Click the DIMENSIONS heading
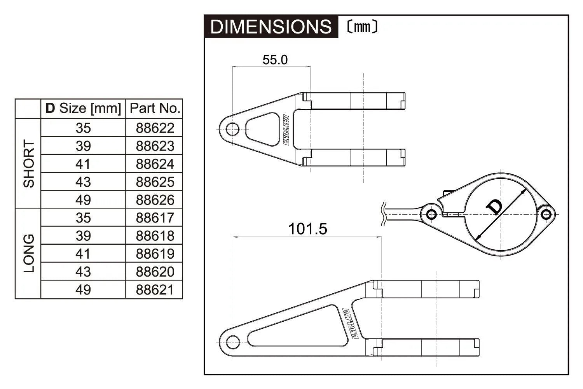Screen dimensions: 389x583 271,27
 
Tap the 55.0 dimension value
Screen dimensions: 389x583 275,60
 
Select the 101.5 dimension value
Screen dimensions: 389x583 307,229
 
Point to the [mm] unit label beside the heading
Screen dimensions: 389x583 362,27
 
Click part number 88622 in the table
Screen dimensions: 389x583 155,128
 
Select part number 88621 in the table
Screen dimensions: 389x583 155,290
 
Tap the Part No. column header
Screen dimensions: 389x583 155,108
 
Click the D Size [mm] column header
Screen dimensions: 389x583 83,108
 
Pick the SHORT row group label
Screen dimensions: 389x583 29,164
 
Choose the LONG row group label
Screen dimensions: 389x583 29,254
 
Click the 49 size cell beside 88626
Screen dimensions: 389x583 83,200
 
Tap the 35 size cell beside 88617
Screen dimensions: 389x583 83,218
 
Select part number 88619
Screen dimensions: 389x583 155,254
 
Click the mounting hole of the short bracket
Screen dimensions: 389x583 232,129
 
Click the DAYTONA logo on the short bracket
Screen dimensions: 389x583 286,130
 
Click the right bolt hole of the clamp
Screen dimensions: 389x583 546,214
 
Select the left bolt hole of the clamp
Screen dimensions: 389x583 431,214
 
